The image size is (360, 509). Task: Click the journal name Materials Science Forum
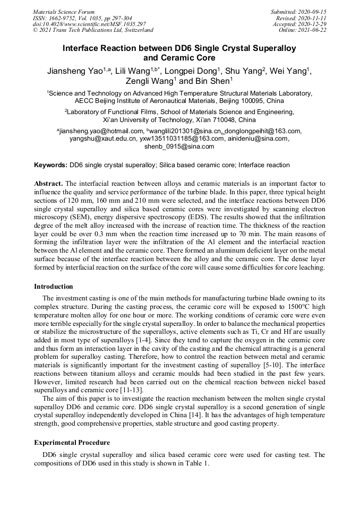pos(64,12)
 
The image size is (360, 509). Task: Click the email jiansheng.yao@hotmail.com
pos(100,131)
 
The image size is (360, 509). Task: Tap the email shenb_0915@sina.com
pos(179,146)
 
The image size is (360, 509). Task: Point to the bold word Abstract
pos(48,183)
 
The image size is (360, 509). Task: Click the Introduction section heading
pos(54,287)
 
